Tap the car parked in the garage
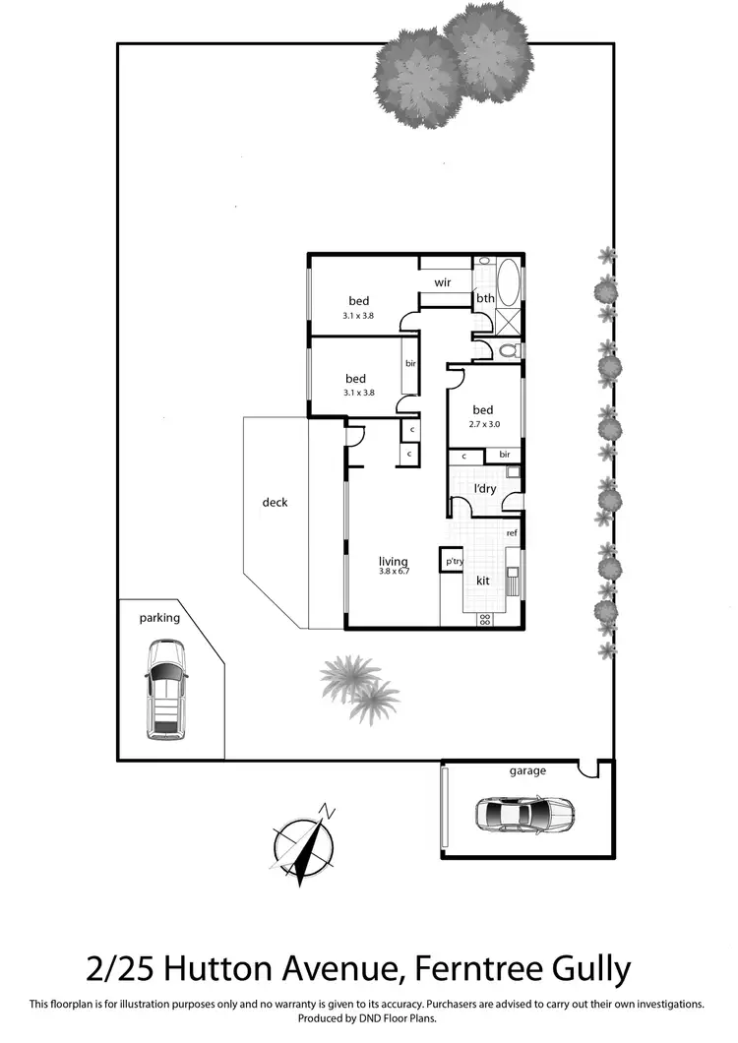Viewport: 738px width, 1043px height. [x=524, y=814]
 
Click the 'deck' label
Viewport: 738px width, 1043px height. [x=275, y=502]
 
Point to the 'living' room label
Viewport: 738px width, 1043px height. [x=394, y=563]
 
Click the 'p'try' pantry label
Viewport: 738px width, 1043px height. [x=454, y=561]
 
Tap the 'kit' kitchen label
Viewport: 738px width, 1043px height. [x=483, y=581]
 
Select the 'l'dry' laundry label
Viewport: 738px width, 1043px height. [x=485, y=489]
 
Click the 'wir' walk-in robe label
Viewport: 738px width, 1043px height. [x=443, y=282]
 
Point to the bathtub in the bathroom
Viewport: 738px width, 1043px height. [x=510, y=282]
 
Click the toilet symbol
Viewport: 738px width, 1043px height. [x=508, y=350]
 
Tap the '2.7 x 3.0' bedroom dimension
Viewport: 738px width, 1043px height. [x=482, y=425]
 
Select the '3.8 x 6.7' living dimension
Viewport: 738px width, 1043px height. [x=394, y=575]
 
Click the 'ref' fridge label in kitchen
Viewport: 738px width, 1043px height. [x=512, y=533]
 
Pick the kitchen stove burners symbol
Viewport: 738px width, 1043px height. [x=484, y=620]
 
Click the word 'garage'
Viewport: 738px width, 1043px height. [x=527, y=770]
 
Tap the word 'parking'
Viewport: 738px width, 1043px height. [x=159, y=618]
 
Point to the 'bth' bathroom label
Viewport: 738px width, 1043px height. [x=485, y=298]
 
